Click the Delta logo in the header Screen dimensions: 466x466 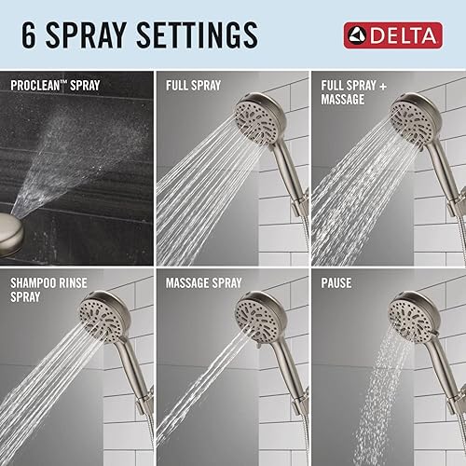[389, 36]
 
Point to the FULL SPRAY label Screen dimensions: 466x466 [194, 87]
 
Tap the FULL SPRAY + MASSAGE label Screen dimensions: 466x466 [357, 93]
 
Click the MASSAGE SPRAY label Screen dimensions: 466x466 [203, 281]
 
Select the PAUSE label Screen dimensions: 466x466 [338, 281]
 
